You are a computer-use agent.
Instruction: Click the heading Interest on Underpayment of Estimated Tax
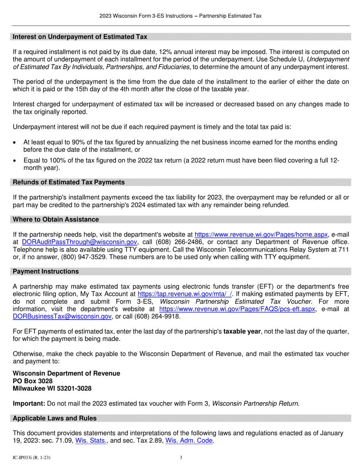[x=80, y=37]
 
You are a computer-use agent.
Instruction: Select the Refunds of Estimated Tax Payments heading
[x=69, y=182]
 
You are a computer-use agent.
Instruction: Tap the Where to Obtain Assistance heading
[x=56, y=219]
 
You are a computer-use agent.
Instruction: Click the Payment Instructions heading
[x=46, y=271]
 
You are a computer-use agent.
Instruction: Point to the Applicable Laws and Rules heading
[x=54, y=418]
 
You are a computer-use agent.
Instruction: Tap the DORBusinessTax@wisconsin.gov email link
[x=62, y=316]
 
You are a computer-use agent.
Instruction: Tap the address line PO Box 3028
[x=33, y=381]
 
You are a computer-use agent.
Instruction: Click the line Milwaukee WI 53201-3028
[x=52, y=389]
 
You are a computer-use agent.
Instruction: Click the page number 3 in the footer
[x=181, y=458]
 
